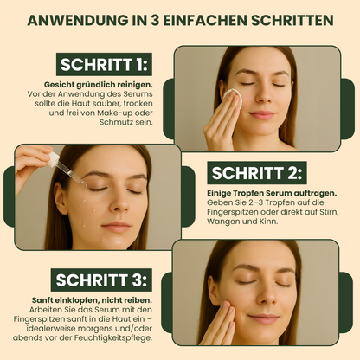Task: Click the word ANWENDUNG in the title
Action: tap(78, 20)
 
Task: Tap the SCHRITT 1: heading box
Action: tap(104, 64)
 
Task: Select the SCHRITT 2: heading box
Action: tap(257, 173)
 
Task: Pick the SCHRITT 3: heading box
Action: tap(101, 280)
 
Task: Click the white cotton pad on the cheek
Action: tap(233, 97)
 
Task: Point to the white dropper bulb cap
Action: tap(53, 159)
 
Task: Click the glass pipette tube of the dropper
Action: tap(71, 174)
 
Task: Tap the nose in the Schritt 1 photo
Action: tap(263, 96)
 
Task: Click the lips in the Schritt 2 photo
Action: tap(117, 227)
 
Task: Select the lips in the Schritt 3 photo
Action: tap(264, 318)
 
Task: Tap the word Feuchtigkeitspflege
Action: tap(113, 338)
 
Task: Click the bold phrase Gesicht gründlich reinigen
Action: tap(98, 85)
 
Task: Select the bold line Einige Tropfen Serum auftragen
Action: tap(272, 193)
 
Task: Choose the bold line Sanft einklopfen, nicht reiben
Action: tap(92, 300)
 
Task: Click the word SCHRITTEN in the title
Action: tap(292, 20)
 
